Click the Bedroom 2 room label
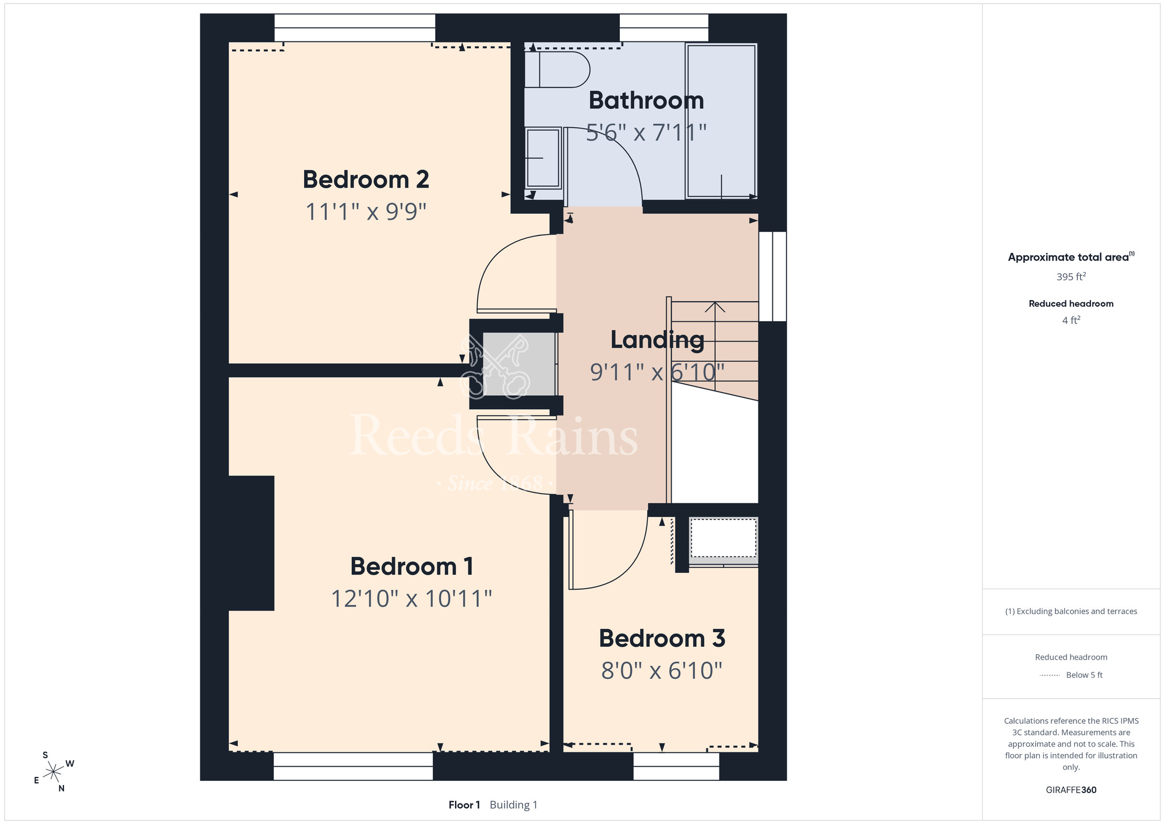tap(366, 179)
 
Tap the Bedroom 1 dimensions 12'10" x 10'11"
tap(411, 598)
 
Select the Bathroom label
tap(646, 100)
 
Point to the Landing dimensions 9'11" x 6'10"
tap(657, 372)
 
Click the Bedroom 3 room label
tap(662, 639)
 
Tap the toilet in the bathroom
tap(557, 69)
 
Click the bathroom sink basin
tap(543, 158)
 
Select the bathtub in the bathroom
tap(721, 121)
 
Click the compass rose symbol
tap(54, 772)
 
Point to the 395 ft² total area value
tap(1071, 277)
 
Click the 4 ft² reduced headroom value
tap(1071, 320)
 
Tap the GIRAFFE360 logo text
tap(1071, 790)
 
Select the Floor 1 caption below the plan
tap(464, 805)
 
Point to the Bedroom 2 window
tap(355, 28)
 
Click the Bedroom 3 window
tap(676, 766)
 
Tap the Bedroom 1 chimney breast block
tap(251, 543)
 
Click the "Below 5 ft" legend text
tap(1084, 675)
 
